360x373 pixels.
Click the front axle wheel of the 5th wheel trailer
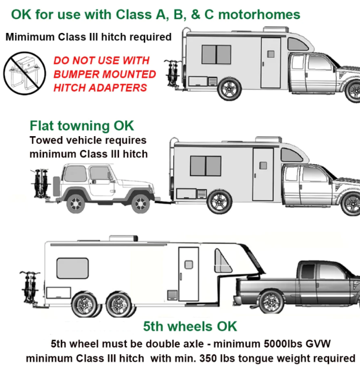(x=118, y=305)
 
